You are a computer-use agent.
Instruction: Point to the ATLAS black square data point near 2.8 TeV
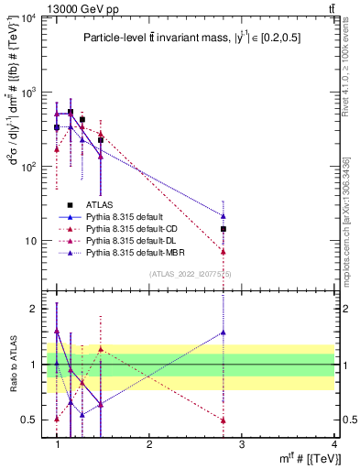click(x=224, y=229)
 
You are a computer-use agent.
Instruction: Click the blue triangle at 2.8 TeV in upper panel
click(x=224, y=216)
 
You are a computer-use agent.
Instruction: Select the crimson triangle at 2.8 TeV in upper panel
click(x=224, y=251)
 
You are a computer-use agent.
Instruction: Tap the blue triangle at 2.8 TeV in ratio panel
click(x=224, y=333)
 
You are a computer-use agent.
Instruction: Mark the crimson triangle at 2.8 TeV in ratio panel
click(x=224, y=420)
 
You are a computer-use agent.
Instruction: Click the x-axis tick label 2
click(x=149, y=443)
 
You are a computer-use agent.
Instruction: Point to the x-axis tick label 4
click(x=333, y=443)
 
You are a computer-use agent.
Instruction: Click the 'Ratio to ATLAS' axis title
click(x=12, y=365)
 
